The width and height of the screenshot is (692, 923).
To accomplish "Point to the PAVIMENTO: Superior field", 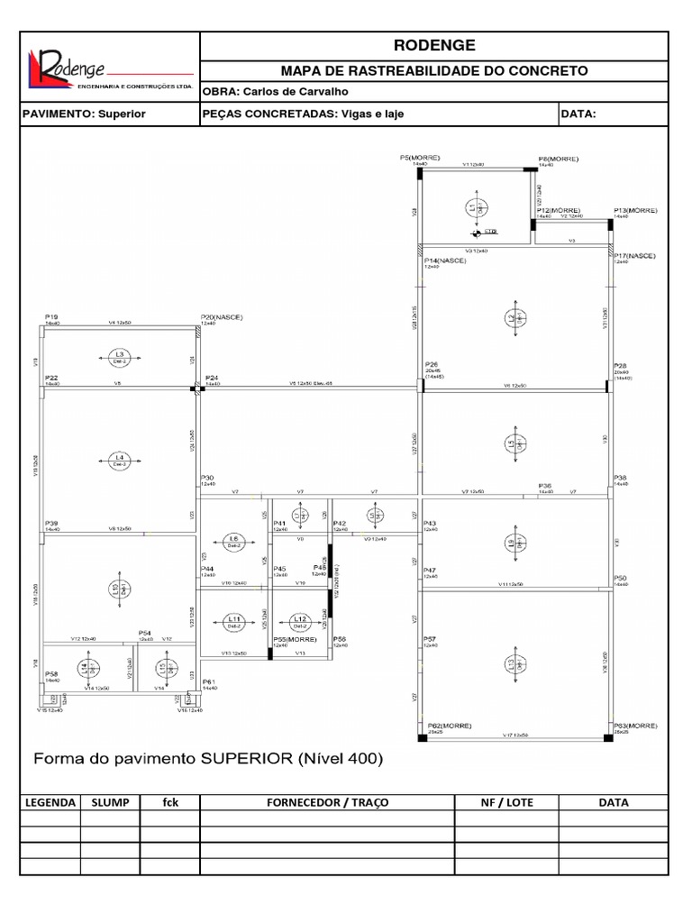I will click(83, 114).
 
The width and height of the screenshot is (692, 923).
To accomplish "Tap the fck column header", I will click(170, 802).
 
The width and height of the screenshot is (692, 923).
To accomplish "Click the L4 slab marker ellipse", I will click(120, 460).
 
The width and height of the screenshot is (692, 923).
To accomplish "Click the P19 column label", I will click(51, 317).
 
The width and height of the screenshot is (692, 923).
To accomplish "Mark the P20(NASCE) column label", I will click(222, 317).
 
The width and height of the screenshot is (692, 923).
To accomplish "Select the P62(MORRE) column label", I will click(449, 726).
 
